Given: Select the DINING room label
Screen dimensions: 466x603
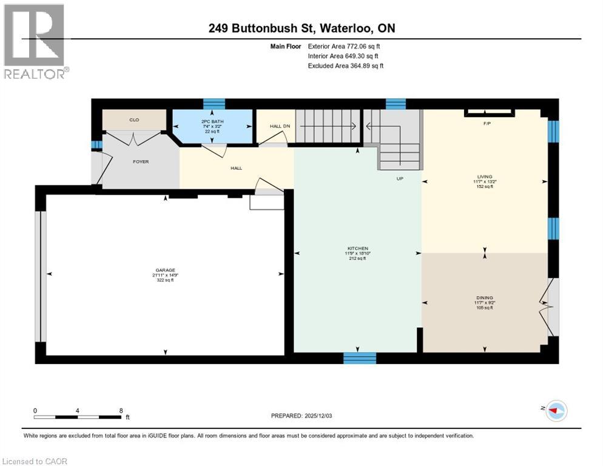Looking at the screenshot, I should (484, 297).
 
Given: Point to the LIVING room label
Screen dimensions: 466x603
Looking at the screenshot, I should (484, 177).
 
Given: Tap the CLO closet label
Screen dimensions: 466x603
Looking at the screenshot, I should (134, 120).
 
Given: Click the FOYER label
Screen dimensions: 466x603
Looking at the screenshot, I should (141, 161).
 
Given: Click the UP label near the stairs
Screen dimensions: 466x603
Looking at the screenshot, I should (400, 178).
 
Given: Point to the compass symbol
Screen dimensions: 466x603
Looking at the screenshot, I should (555, 411).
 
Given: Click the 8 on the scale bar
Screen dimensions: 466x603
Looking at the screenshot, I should (121, 410).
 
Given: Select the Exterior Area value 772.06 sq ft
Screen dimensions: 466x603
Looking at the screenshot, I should (362, 46).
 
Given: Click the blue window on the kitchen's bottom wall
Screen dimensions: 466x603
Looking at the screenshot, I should (359, 359).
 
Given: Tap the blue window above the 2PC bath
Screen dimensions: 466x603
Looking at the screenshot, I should (214, 104).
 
